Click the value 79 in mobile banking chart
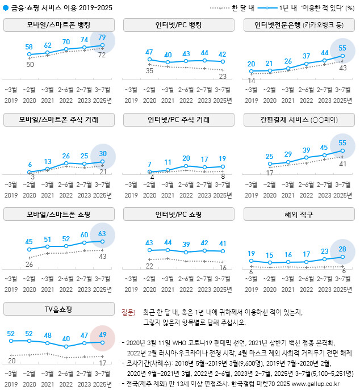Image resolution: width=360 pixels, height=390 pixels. click(x=102, y=37)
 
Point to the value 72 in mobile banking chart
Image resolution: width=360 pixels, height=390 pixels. click(x=103, y=55)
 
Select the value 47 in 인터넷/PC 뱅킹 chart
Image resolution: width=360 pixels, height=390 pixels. click(x=150, y=52)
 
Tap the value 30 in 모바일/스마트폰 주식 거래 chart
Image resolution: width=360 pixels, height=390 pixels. click(x=102, y=154)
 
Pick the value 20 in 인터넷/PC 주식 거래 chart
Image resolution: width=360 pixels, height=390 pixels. click(x=186, y=158)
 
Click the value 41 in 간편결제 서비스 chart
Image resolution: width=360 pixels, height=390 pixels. click(x=342, y=163)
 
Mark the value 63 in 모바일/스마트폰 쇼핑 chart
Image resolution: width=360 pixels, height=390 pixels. click(x=102, y=233)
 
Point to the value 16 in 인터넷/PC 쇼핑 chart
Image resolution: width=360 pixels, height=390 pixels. click(x=223, y=268)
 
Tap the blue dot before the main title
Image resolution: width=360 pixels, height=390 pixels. click(x=6, y=8)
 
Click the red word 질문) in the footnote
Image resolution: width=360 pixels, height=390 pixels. click(x=128, y=312)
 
